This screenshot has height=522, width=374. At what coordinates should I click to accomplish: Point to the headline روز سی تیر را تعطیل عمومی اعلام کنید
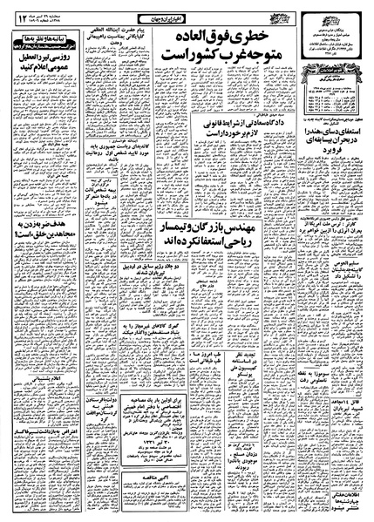point(41,89)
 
